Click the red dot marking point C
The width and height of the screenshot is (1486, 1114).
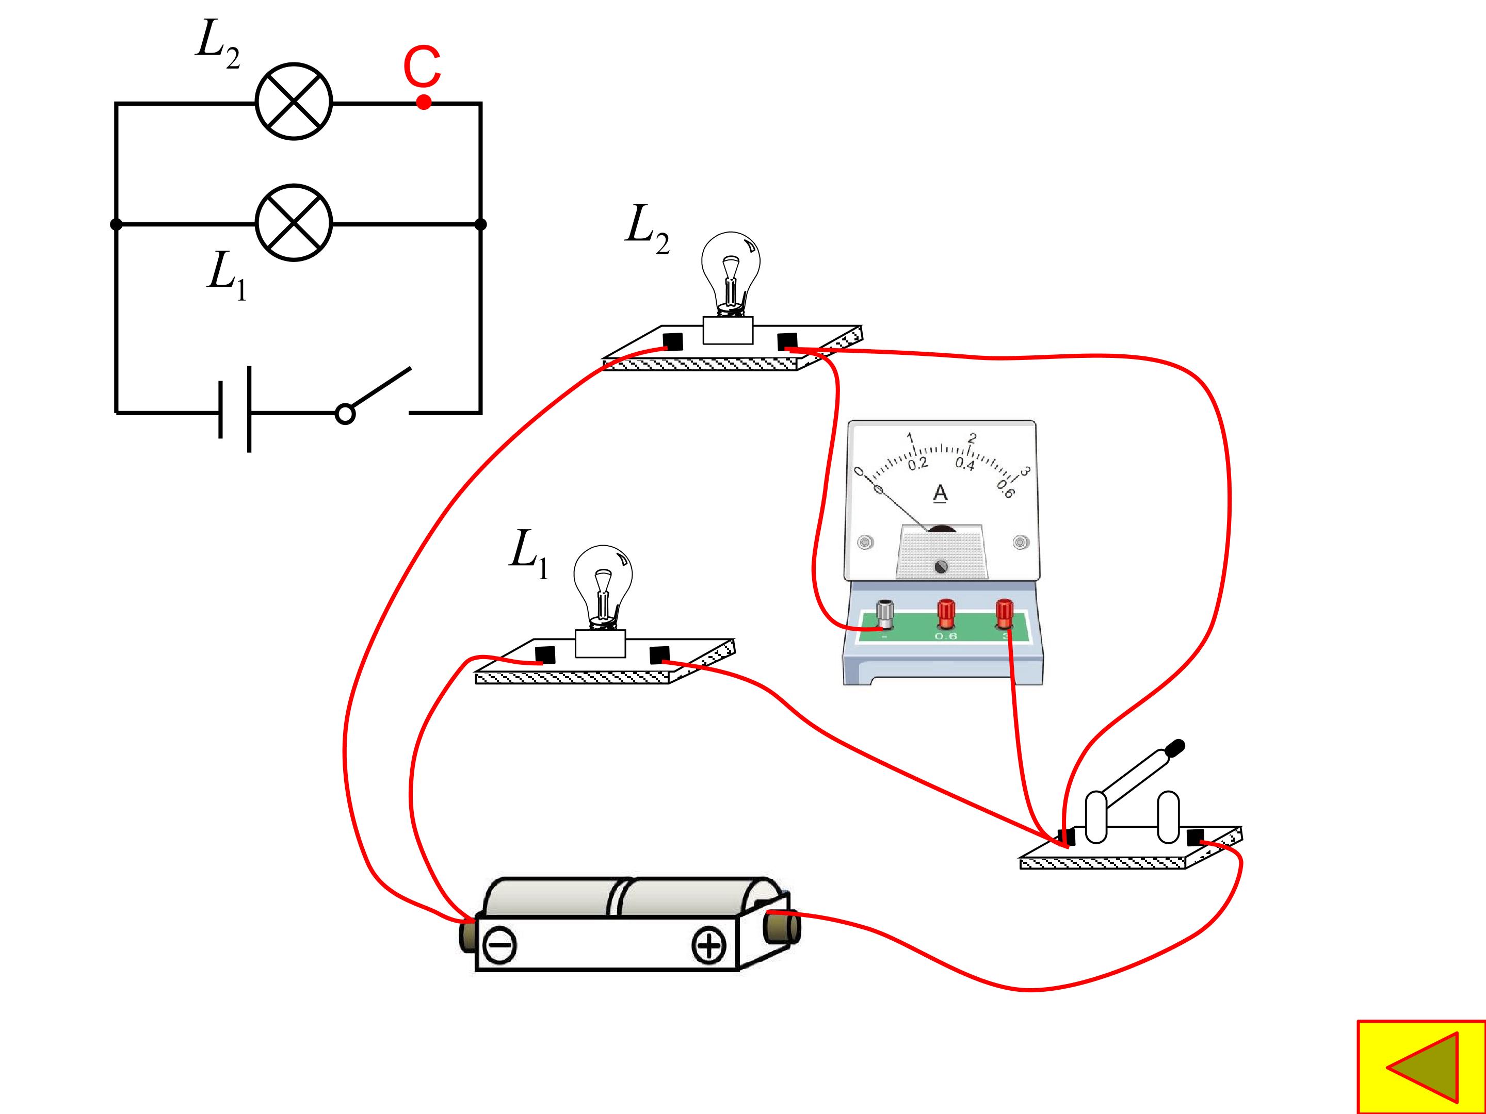pyautogui.click(x=423, y=102)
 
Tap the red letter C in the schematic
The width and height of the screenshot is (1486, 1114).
pyautogui.click(x=422, y=67)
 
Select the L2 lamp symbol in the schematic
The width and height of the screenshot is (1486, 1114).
pyautogui.click(x=294, y=102)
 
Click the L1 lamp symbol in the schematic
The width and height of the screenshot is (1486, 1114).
pyautogui.click(x=294, y=223)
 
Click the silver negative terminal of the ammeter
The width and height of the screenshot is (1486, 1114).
pyautogui.click(x=885, y=614)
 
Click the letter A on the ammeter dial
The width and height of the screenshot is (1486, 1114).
pyautogui.click(x=941, y=494)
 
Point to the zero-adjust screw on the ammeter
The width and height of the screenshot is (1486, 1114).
pyautogui.click(x=941, y=567)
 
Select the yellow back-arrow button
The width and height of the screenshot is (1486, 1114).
pyautogui.click(x=1422, y=1067)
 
